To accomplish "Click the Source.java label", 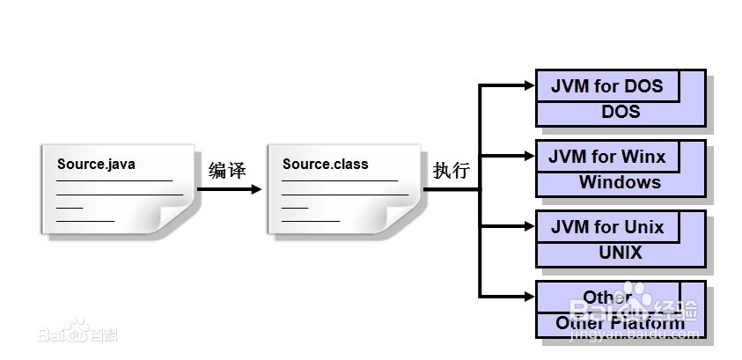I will point(97,164).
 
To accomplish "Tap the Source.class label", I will point(326,164).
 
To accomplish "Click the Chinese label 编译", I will point(227,170).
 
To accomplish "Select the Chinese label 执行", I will point(451,170).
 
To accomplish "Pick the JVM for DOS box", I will point(607,86).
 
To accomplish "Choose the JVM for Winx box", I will point(607,157).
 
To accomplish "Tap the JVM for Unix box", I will point(607,227).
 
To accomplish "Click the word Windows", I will point(620,182).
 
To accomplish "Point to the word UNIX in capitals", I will point(621,253).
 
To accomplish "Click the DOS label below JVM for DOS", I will point(621,112).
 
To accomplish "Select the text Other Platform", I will point(620,323).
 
